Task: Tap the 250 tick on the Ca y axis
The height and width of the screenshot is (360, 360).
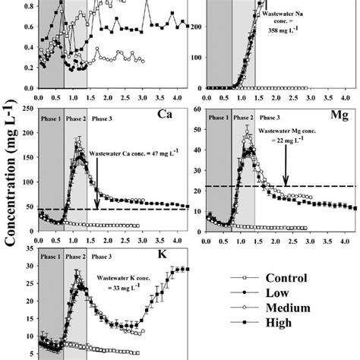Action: tap(27, 109)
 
